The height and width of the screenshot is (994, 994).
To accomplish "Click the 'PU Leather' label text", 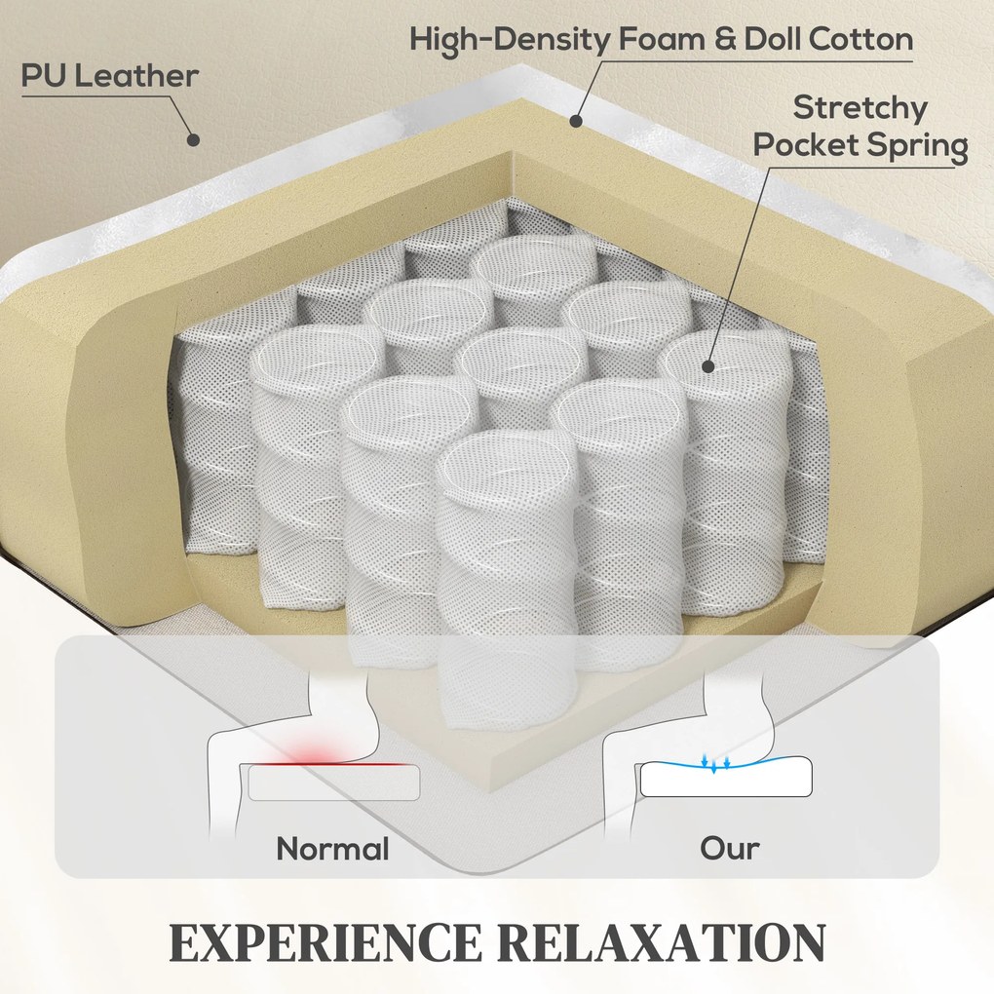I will tap(109, 76).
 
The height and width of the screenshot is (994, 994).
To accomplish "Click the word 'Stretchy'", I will tap(860, 107).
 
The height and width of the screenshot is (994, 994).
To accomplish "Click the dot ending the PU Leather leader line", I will tap(193, 139).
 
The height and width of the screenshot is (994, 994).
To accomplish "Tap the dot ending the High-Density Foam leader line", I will tap(576, 122).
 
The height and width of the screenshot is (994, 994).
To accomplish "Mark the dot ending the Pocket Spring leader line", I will tap(707, 366).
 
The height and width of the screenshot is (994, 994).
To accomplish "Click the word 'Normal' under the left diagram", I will tap(332, 848).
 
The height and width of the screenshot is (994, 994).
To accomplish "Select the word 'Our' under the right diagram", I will tap(729, 848).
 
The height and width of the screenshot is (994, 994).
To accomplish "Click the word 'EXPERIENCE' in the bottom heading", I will tap(325, 942).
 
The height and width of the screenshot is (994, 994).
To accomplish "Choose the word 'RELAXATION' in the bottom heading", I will tap(656, 942).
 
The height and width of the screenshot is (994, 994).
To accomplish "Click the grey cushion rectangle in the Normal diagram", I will tap(334, 783).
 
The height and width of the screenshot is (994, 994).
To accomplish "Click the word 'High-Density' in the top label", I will tap(511, 40).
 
